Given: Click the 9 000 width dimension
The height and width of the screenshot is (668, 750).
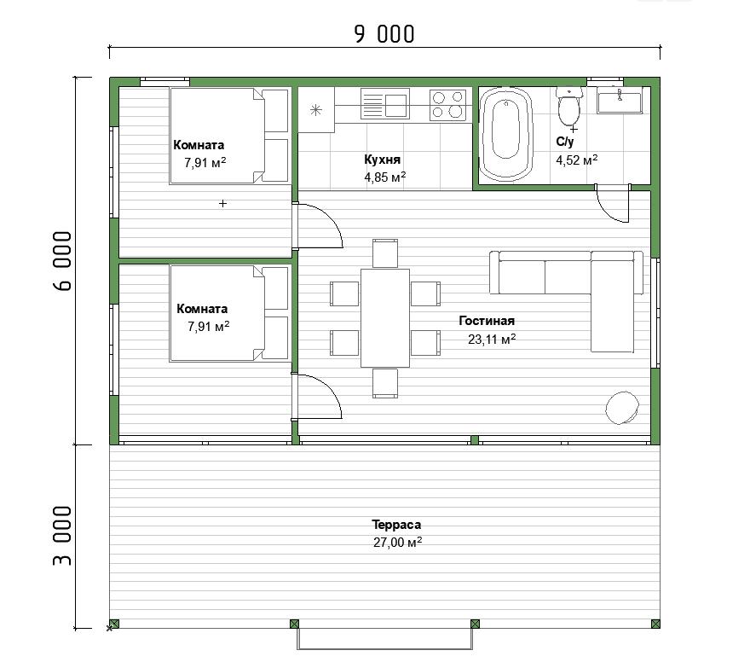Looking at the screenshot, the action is pos(384,33).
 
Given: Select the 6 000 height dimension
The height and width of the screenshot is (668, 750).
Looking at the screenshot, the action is pos(62,261).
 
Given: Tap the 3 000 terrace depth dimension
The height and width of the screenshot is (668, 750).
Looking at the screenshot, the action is pos(62,536).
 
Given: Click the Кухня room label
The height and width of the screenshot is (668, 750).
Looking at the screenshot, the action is pos(382,160).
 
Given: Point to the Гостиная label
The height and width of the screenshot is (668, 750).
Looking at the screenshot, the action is pos(487,321).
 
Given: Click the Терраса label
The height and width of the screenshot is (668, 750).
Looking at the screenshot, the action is pos(396,525).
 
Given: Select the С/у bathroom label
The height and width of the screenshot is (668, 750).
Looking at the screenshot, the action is pos(565,142).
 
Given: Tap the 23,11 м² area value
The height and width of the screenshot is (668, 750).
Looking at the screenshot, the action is pos(492,340).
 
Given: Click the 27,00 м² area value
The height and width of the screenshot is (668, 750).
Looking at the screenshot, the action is pos(397,543).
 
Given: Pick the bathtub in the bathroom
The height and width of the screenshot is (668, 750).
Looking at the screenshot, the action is pos(505,134).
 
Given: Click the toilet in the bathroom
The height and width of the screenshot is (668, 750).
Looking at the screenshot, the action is pos(569,107).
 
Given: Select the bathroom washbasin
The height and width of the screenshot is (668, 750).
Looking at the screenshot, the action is pos(620,101).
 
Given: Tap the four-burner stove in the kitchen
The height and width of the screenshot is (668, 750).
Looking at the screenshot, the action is pos(447,105).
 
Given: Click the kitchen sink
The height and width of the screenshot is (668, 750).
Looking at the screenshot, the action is pos(385,103).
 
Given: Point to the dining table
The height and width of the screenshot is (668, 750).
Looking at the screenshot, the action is pos(385,318).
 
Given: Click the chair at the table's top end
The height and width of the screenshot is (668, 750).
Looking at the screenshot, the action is pos(385,253).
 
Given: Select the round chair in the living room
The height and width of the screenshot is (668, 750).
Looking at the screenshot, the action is pos(622,408).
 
